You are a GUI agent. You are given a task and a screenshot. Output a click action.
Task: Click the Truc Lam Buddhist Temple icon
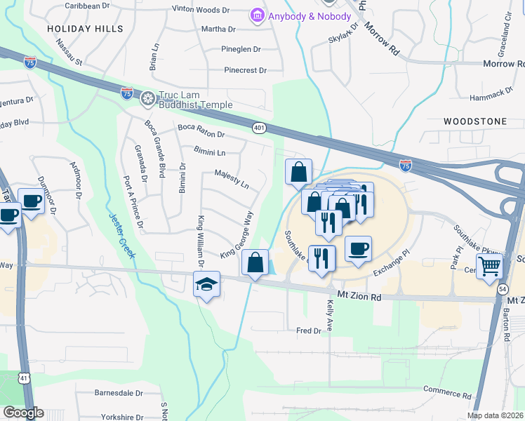click(148, 98)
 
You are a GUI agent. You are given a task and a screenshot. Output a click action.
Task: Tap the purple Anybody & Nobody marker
click(257, 15)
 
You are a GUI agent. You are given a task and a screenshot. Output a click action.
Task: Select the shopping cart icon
click(489, 266)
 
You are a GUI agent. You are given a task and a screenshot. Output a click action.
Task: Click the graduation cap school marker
click(206, 284)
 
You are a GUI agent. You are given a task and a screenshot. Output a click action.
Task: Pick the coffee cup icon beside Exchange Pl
click(358, 248)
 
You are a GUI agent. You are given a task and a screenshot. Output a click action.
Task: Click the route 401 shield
click(259, 127)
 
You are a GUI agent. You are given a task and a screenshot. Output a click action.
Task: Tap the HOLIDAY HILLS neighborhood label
click(85, 29)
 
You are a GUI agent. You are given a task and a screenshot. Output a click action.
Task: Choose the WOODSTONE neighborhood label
click(475, 121)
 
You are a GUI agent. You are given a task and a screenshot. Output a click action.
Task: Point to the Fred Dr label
click(308, 330)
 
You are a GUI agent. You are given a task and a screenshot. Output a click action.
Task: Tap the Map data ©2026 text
click(495, 415)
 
